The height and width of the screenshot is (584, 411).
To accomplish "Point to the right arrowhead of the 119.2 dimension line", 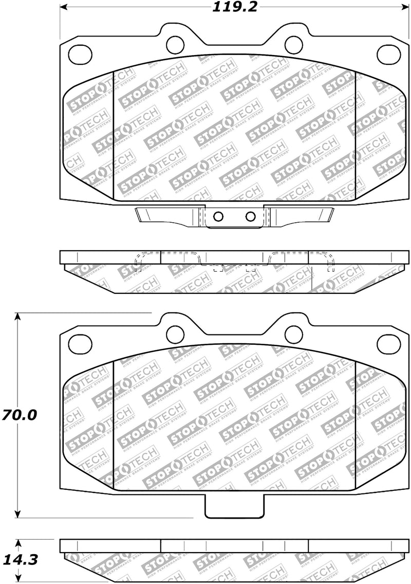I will tap(402, 7).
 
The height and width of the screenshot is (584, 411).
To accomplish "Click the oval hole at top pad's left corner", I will tap(79, 52).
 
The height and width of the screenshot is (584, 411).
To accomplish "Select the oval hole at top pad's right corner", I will tap(387, 52).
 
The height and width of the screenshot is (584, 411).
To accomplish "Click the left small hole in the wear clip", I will tap(218, 216).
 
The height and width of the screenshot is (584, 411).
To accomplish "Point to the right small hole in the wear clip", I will tap(250, 216).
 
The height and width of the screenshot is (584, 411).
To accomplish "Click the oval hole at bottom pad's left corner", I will tap(79, 341).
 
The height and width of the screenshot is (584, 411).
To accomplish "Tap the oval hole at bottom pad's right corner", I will tap(387, 341).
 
